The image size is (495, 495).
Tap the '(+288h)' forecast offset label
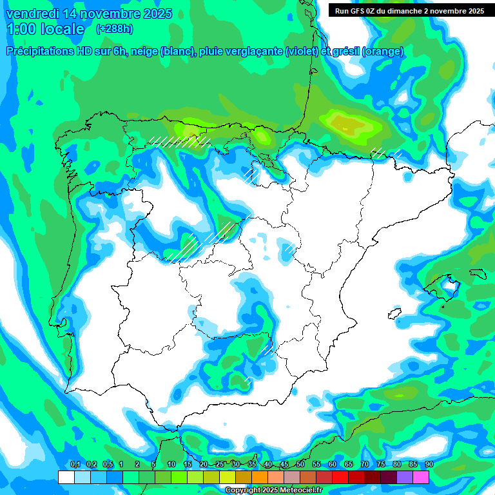[x=114, y=29]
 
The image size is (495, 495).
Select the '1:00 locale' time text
[x=45, y=29]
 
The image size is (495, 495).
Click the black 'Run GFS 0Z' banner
[x=409, y=10]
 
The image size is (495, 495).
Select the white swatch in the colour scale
[x=66, y=477]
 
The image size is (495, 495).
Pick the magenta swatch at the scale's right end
[x=421, y=477]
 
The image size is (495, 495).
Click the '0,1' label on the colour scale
[x=75, y=465]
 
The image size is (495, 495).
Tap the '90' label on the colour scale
[x=429, y=465]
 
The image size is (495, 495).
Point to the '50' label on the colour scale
[x=300, y=465]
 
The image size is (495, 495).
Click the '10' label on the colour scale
[x=171, y=465]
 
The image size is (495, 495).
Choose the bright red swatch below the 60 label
[x=340, y=477]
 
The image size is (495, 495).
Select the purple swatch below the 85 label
[x=405, y=477]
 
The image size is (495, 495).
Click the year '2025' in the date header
[x=153, y=14]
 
